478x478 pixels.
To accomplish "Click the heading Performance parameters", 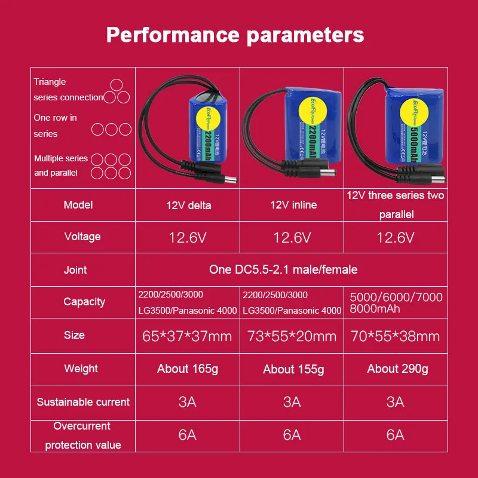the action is [235, 35].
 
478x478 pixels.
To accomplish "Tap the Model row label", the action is [78, 205].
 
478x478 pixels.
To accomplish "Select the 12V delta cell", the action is [189, 206].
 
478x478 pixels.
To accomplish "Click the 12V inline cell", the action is [293, 205].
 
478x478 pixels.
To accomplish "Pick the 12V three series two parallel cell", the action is [396, 204].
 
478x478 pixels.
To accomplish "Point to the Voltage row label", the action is [82, 237].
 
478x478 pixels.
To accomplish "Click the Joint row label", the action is [75, 270].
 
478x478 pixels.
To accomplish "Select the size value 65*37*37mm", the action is [187, 336].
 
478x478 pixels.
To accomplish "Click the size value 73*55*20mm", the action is [292, 336].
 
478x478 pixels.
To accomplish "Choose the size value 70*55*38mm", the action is [396, 336].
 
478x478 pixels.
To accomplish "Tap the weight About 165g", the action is [188, 369].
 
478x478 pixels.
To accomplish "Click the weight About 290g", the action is [397, 369].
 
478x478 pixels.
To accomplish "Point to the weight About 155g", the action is [293, 369].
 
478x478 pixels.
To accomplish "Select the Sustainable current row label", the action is [83, 402].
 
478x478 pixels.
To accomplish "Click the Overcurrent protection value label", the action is [83, 436].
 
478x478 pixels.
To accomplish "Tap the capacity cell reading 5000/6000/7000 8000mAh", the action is [396, 302].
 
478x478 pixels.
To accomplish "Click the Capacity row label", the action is [84, 302].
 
